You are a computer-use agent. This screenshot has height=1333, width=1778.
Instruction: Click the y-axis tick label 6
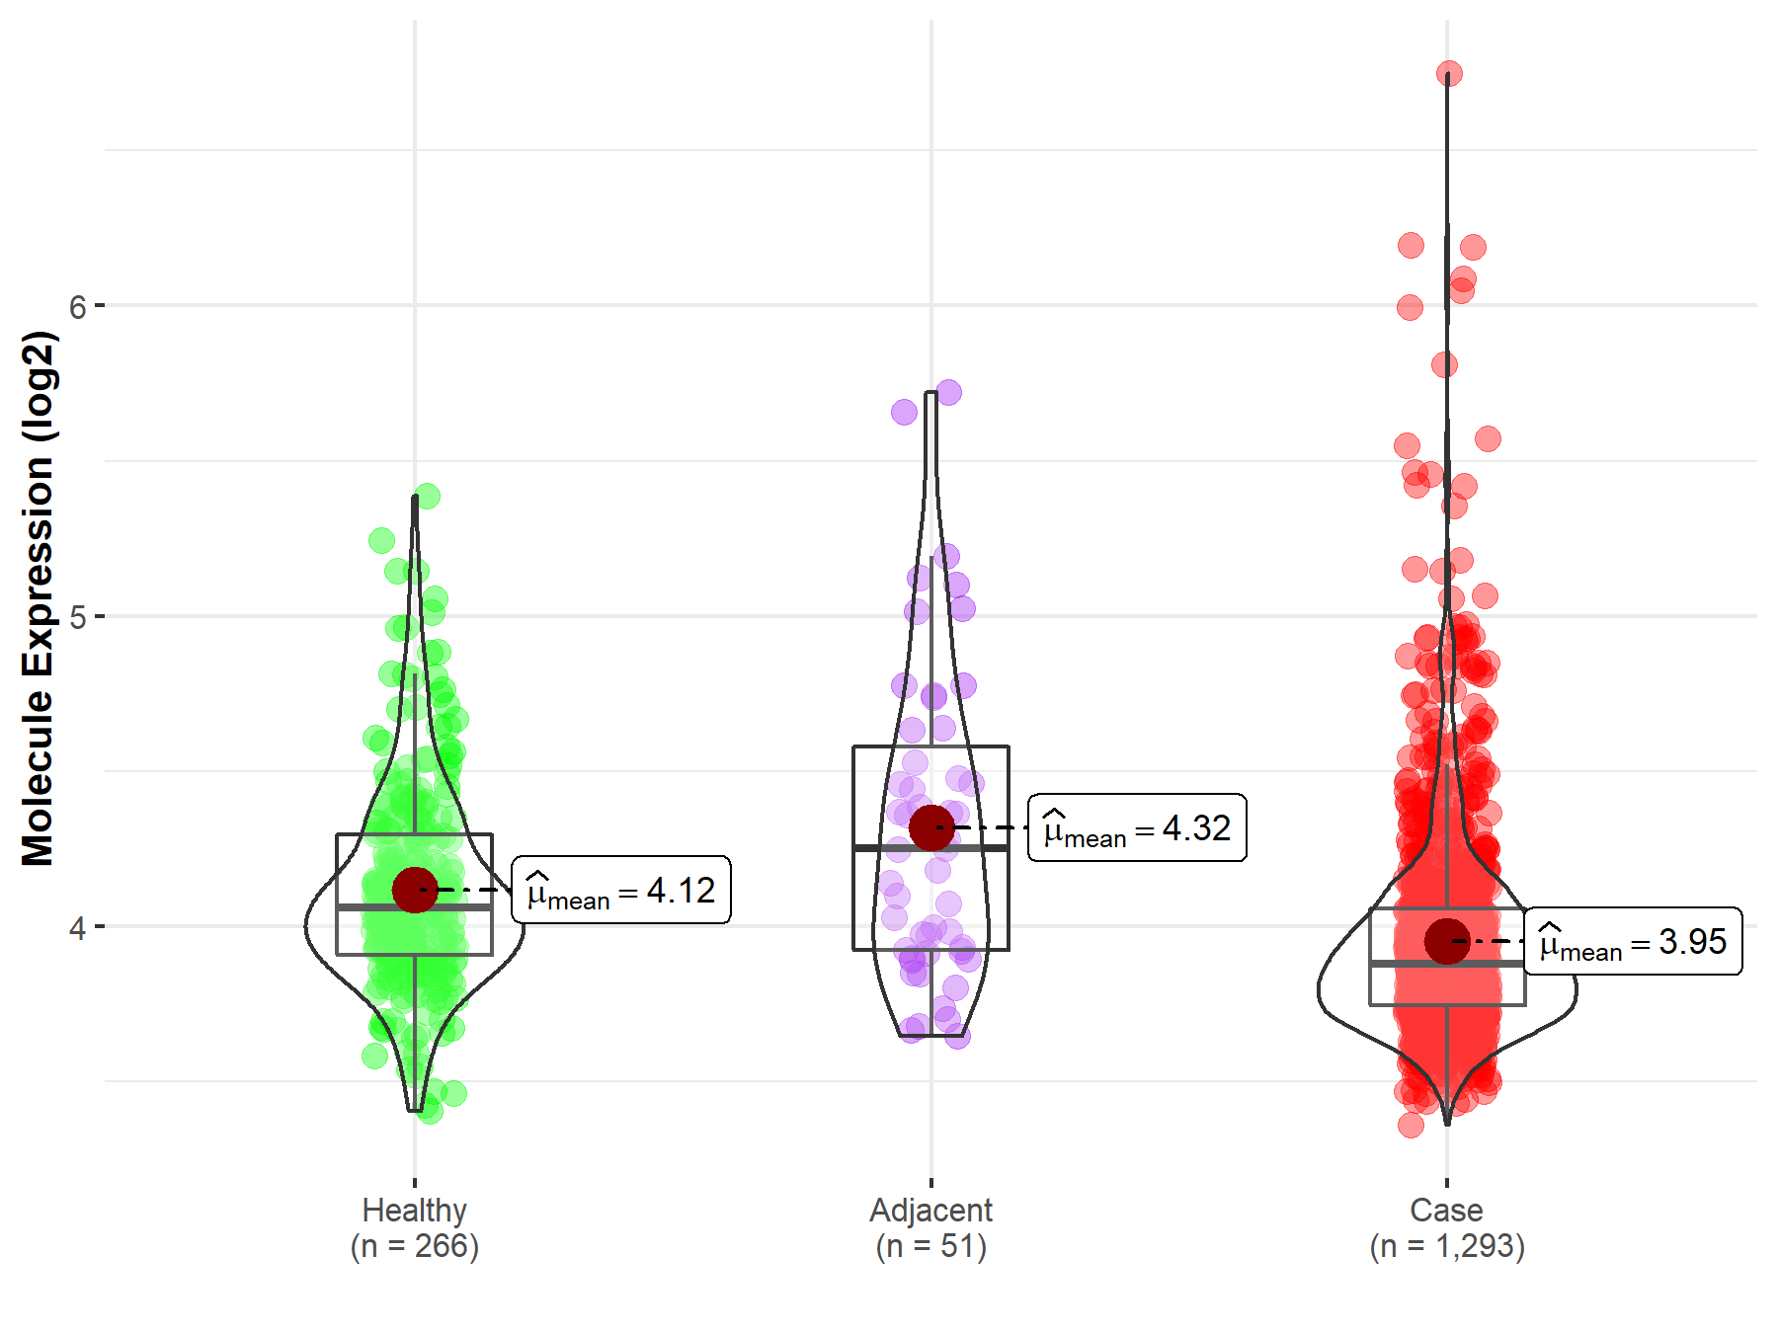point(78,306)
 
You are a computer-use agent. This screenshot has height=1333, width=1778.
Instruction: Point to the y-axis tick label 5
point(78,617)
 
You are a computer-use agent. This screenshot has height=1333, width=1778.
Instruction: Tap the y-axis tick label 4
point(78,928)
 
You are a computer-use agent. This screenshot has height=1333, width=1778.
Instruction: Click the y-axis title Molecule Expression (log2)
point(38,598)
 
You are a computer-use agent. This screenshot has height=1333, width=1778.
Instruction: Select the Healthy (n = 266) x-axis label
point(414,1228)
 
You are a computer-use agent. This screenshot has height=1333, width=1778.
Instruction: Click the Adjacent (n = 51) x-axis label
point(930,1228)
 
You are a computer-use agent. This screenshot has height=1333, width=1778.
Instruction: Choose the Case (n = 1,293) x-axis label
point(1447,1228)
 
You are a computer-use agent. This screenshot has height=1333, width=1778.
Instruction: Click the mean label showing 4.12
point(621,891)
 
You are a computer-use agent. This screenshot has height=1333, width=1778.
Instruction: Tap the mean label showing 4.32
point(1137,828)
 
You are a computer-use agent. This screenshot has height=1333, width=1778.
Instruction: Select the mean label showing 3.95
point(1633,942)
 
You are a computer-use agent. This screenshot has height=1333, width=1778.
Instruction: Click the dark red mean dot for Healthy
point(415,890)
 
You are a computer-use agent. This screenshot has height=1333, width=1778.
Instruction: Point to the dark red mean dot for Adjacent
point(931,827)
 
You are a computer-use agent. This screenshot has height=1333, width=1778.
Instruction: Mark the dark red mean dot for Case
point(1447,941)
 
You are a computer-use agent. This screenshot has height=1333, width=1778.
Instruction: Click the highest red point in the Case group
point(1449,74)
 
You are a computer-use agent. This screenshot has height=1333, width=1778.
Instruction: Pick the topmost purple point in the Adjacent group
point(948,393)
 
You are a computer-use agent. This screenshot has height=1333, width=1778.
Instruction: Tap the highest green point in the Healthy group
point(427,496)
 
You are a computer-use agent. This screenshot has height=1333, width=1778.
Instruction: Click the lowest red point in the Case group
point(1411,1125)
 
